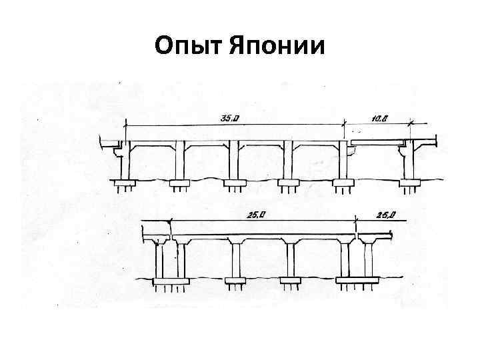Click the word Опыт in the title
click(189, 47)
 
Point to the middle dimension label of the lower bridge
click(247, 215)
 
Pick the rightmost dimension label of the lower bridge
click(386, 215)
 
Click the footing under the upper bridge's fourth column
click(288, 182)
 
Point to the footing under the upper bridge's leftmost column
click(125, 182)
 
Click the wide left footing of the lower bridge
click(167, 281)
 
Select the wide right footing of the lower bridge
click(356, 281)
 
